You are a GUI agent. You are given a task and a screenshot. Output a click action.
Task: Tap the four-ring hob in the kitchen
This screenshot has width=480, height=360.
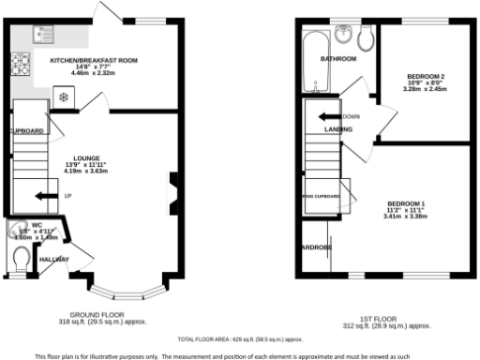pyautogui.click(x=19, y=66)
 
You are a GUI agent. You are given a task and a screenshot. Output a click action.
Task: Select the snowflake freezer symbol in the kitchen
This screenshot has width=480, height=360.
pyautogui.click(x=63, y=96)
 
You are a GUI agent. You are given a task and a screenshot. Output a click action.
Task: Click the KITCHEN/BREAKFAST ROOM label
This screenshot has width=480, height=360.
pyautogui.click(x=93, y=60)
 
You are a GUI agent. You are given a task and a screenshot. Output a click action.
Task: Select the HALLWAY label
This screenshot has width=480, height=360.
pyautogui.click(x=53, y=259)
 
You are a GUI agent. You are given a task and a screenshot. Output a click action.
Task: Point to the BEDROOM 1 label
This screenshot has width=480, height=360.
pyautogui.click(x=405, y=203)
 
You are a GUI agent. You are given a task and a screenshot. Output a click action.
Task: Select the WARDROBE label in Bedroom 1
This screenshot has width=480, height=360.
pyautogui.click(x=315, y=247)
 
